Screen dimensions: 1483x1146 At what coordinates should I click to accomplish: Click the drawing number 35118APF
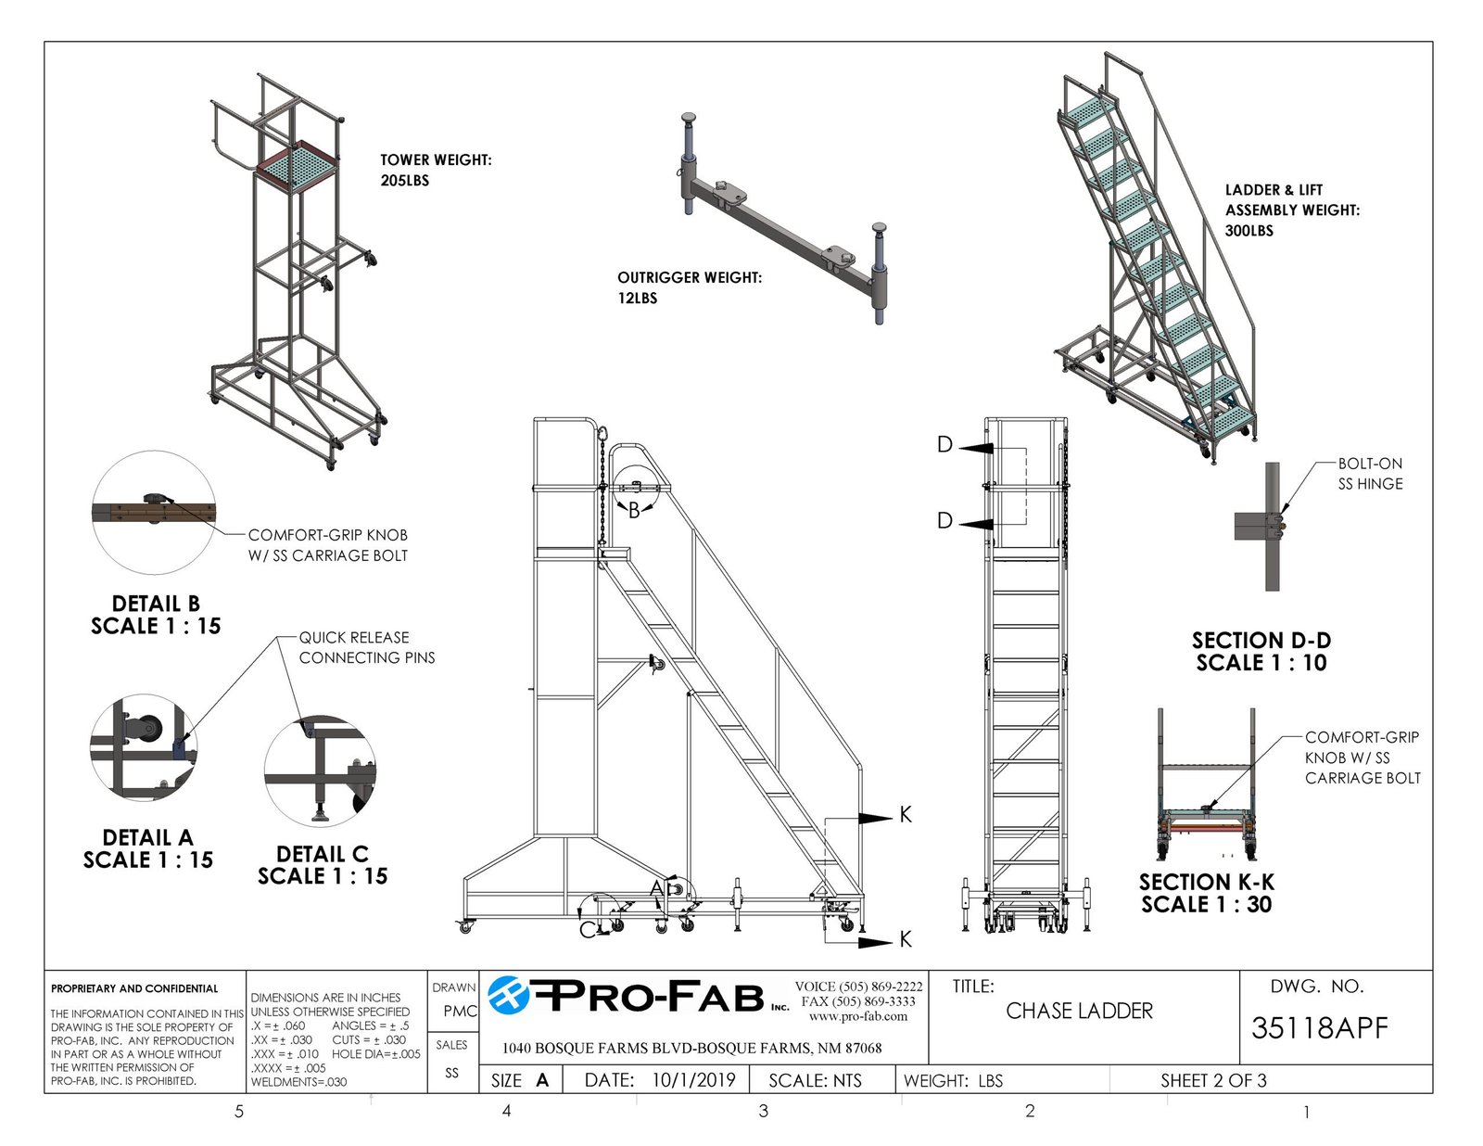pyautogui.click(x=1319, y=1028)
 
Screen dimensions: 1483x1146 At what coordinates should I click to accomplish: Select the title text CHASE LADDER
pyautogui.click(x=1079, y=1011)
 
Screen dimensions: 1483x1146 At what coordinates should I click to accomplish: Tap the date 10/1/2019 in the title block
pyautogui.click(x=693, y=1080)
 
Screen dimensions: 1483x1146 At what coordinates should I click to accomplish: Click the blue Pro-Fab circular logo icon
pyautogui.click(x=509, y=996)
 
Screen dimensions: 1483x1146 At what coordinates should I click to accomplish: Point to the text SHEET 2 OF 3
pyautogui.click(x=1213, y=1080)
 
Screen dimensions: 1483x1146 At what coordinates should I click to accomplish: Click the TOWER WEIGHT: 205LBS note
pyautogui.click(x=436, y=170)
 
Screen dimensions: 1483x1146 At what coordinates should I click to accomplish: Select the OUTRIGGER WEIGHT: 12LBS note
pyautogui.click(x=690, y=287)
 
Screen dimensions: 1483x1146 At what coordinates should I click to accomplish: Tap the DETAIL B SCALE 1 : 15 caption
pyautogui.click(x=156, y=615)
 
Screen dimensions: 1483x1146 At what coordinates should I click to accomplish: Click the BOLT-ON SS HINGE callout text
pyautogui.click(x=1370, y=474)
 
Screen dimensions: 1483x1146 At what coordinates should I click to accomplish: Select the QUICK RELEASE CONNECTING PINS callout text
pyautogui.click(x=366, y=647)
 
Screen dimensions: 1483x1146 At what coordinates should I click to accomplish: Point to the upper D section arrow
pyautogui.click(x=976, y=448)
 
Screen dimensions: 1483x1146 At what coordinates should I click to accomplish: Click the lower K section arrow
pyautogui.click(x=875, y=942)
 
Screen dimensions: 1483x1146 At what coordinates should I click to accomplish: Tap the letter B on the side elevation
pyautogui.click(x=634, y=511)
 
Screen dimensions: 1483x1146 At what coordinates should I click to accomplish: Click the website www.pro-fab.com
pyautogui.click(x=858, y=1016)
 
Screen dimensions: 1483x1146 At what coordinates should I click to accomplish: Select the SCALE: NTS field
pyautogui.click(x=815, y=1080)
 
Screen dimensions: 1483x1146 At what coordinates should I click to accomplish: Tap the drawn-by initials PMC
pyautogui.click(x=460, y=1012)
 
